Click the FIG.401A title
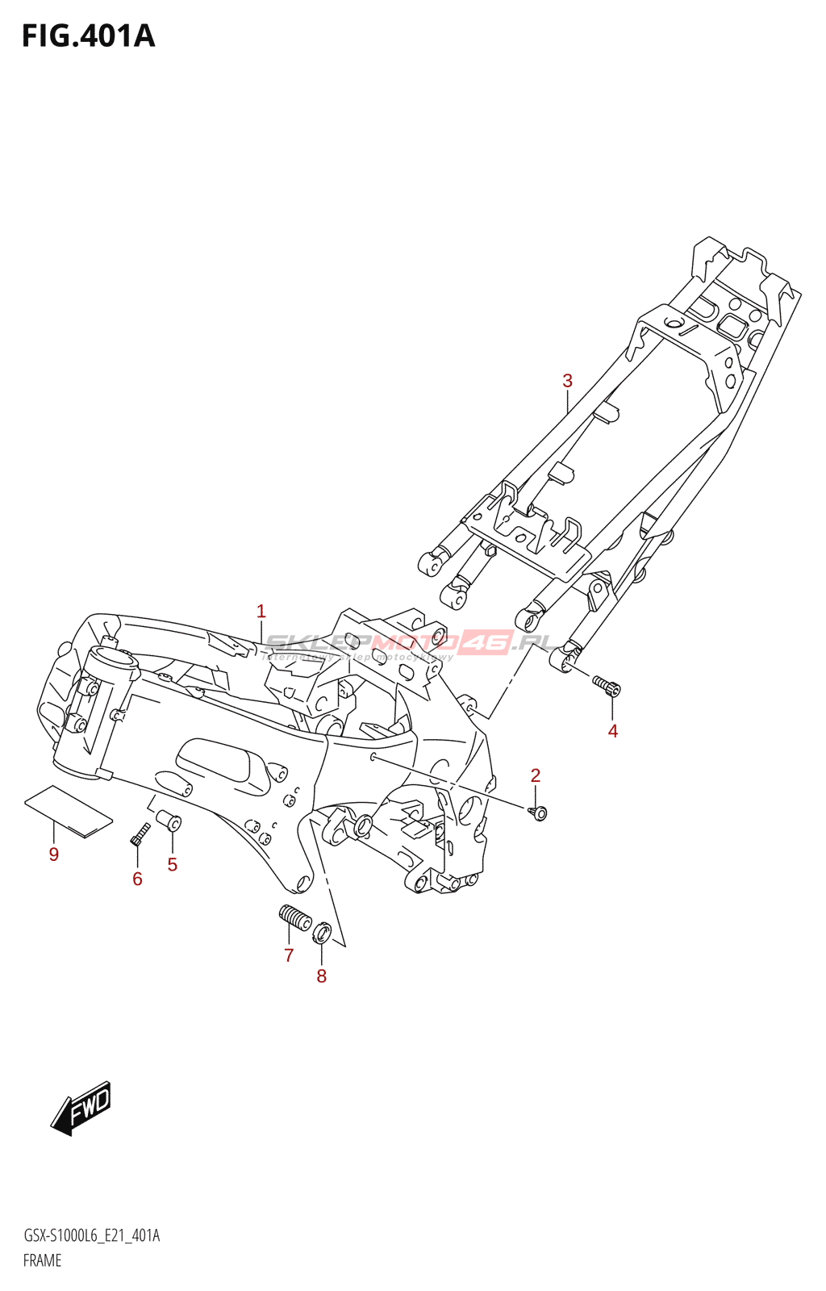click(x=88, y=36)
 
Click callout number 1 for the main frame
click(x=261, y=612)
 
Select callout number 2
click(x=536, y=775)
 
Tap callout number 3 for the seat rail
click(x=567, y=381)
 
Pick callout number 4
click(x=613, y=731)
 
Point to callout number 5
click(x=172, y=865)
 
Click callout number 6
click(x=137, y=879)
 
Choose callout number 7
click(x=289, y=955)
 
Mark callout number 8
click(x=321, y=976)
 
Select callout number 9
click(x=54, y=854)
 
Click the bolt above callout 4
click(x=607, y=686)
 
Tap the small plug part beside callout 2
click(x=539, y=813)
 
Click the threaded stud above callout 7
click(x=295, y=917)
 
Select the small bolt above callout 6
click(x=140, y=834)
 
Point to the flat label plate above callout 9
click(x=68, y=811)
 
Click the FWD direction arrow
click(x=81, y=1107)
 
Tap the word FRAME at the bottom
click(x=42, y=1260)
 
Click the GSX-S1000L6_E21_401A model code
click(x=91, y=1236)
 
